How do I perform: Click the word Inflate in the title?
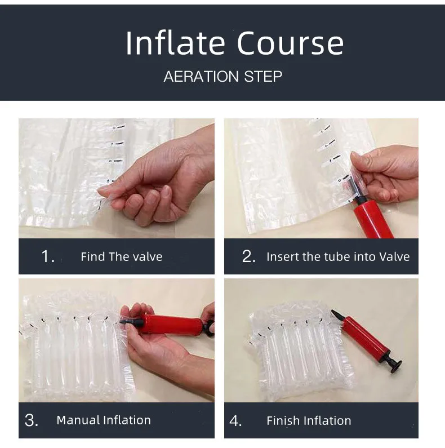pos(175,43)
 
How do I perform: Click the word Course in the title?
pos(290,43)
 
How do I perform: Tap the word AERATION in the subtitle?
pos(201,77)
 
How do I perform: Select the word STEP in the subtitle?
pos(263,77)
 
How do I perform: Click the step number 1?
pos(47,256)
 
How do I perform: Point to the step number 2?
pos(248,256)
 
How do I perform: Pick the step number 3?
pos(31,420)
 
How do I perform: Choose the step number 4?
pos(235,420)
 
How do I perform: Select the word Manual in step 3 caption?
pos(78,420)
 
